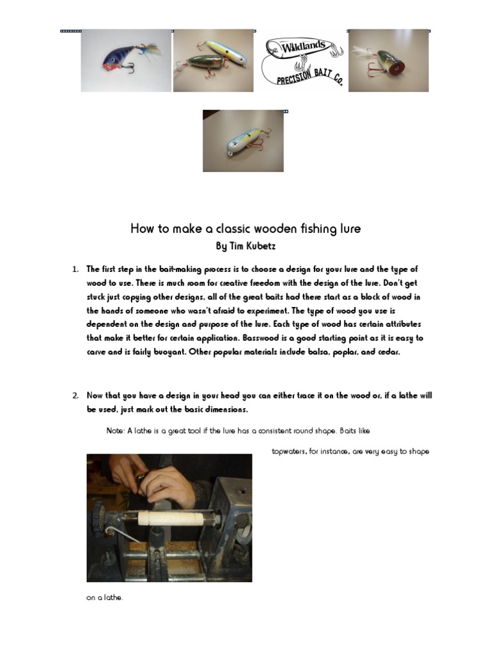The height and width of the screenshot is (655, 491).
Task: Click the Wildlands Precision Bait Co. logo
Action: [x=302, y=61]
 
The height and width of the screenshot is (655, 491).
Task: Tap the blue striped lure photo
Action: [x=126, y=61]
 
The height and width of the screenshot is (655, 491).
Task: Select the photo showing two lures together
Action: [x=214, y=61]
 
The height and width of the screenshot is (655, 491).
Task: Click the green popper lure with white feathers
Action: [x=388, y=61]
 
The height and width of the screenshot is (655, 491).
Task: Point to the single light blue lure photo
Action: [x=243, y=141]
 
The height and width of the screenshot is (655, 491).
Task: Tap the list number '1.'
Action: [x=75, y=269]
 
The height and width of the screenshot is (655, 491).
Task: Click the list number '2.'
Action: [x=75, y=395]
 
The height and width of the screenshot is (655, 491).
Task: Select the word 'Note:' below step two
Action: [x=116, y=430]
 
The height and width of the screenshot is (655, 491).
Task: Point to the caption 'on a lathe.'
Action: [x=105, y=598]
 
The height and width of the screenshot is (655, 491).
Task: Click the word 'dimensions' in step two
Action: [x=227, y=409]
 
